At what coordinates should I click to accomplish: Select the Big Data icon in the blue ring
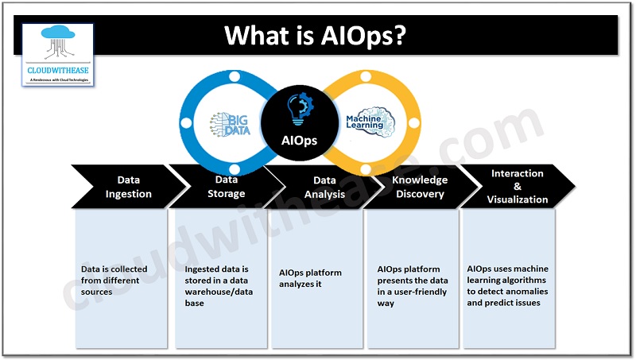coord(230,123)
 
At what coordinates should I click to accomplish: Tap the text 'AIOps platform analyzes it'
coord(311,278)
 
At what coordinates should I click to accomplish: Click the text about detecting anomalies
coord(507,286)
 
